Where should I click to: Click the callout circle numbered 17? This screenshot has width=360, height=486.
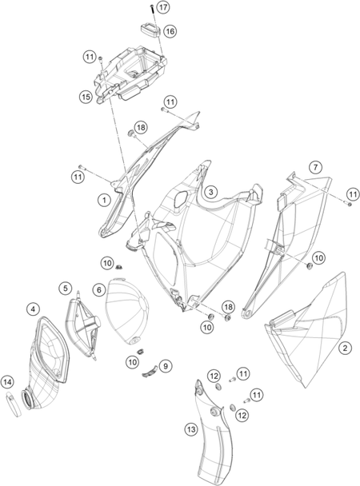pos(162,7)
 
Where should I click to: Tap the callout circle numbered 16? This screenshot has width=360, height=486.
pos(170,31)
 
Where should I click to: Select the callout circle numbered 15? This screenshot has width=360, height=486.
pos(86,97)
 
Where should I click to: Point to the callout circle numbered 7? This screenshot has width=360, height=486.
pos(315,167)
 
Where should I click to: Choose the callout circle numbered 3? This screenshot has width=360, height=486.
pos(211,192)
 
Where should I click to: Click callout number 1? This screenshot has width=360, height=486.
pos(104,200)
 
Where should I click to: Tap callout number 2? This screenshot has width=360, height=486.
pos(345,348)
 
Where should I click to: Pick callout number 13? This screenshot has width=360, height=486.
pos(191,429)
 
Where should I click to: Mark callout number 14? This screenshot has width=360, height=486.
pos(7,382)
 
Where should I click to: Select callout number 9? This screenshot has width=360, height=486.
pos(166,366)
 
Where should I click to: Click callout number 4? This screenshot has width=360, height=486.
pos(33,309)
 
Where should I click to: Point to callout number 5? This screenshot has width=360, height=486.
pos(66,289)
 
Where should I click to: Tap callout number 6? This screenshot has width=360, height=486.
pos(99,290)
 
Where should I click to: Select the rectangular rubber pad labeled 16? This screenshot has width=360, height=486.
pos(150,29)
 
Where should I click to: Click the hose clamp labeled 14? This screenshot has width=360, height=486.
pos(14,404)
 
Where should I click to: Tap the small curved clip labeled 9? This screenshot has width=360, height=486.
pos(150,372)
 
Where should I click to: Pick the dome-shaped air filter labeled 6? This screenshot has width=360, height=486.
pos(127,312)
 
